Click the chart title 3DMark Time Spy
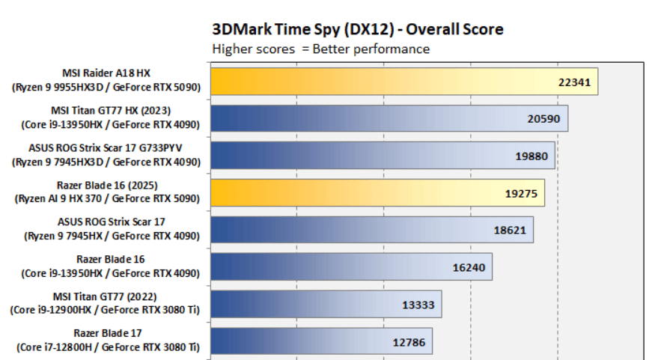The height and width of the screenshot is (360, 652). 358,29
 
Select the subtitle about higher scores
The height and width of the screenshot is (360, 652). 321,49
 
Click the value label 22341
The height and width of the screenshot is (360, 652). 575,82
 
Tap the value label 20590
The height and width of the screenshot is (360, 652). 544,119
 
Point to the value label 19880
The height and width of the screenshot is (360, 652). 531,156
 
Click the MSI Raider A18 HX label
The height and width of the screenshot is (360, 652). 106,74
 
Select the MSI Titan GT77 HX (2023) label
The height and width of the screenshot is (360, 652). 106,111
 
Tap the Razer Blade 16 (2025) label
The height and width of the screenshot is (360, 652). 106,185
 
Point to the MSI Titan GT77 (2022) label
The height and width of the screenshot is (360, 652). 106,296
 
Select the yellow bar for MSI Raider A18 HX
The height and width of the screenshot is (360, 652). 374,82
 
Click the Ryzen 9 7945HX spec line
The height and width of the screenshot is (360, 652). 106,236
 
